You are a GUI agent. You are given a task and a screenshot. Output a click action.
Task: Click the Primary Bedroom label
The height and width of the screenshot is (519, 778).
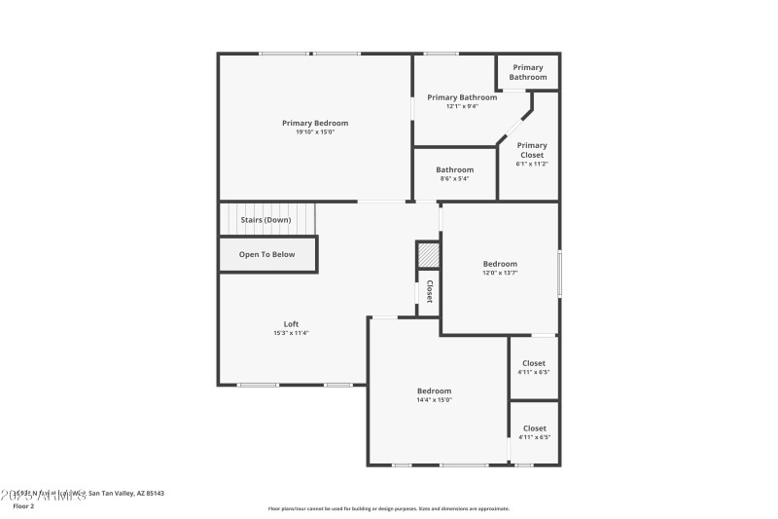click(315, 123)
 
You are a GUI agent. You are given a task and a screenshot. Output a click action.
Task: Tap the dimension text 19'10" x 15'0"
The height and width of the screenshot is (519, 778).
click(315, 132)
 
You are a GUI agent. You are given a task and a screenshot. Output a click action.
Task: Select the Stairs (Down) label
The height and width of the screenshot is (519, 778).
click(265, 220)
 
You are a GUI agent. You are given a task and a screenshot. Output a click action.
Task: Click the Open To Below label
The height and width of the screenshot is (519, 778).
click(267, 254)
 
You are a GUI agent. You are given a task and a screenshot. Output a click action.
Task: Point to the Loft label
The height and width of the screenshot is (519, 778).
click(291, 324)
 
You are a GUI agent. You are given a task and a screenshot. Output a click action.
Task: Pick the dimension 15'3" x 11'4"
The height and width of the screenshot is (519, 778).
click(291, 333)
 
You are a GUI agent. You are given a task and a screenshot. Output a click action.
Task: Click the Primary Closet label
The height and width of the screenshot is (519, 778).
click(532, 150)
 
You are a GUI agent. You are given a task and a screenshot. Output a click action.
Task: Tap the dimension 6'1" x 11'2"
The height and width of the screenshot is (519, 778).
click(532, 164)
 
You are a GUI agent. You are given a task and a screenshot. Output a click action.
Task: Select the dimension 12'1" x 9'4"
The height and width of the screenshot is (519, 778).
click(462, 106)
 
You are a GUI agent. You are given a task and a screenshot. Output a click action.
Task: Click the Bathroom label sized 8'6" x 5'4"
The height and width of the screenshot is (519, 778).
click(454, 169)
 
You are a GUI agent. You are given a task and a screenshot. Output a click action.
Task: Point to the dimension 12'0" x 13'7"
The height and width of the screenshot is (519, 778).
click(500, 273)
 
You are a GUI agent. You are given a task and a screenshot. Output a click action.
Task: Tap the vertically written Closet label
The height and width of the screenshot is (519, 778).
click(429, 292)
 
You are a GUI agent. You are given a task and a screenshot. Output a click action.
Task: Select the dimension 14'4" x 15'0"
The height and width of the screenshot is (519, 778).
click(434, 399)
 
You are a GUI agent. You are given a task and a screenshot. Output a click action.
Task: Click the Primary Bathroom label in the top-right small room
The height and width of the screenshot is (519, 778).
click(528, 72)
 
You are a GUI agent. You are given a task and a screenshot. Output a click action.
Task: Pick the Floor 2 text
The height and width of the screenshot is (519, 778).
click(22, 506)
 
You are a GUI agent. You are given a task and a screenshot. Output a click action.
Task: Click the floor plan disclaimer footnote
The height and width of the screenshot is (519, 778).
click(388, 508)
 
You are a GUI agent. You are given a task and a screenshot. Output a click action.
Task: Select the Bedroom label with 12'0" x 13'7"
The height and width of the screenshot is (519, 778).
click(500, 264)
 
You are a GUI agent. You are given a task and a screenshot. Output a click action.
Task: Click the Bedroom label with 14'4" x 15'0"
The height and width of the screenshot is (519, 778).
click(434, 390)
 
